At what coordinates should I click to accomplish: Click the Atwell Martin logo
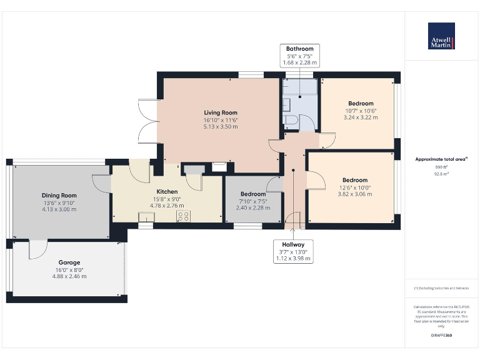(441, 36)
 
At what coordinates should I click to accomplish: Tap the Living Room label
(221, 112)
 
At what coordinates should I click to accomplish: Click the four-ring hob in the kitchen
(184, 216)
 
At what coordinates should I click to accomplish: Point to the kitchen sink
(146, 217)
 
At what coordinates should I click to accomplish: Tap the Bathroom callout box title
(299, 49)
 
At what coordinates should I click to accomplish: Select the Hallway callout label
(293, 244)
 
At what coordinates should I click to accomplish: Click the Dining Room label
(59, 195)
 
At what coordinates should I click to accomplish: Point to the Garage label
(69, 262)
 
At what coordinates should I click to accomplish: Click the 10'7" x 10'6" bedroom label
(361, 104)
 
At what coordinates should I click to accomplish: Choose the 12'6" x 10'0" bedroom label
(354, 180)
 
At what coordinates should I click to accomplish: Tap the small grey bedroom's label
(252, 194)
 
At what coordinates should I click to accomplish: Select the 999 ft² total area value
(441, 167)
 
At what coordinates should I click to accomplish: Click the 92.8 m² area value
(441, 175)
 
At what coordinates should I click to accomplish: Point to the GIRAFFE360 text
(441, 336)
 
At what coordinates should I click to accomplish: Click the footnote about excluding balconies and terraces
(441, 288)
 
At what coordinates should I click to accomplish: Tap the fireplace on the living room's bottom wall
(219, 167)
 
